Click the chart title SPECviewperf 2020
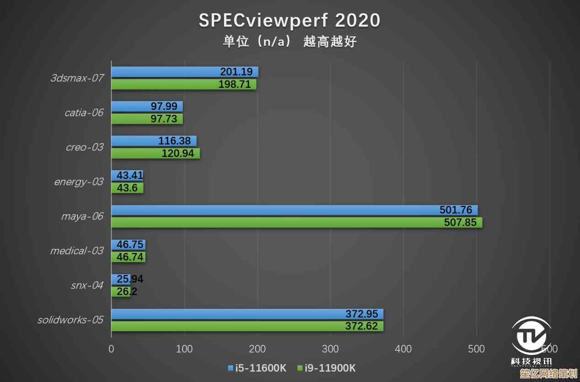click(289, 21)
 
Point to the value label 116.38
click(175, 141)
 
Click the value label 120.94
click(178, 153)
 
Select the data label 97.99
click(164, 106)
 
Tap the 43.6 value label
click(127, 188)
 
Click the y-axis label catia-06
click(84, 113)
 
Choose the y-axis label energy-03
click(79, 182)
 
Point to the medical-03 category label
click(76, 251)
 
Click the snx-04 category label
click(87, 285)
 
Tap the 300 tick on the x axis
click(330, 349)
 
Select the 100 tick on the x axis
click(184, 349)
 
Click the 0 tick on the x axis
click(111, 349)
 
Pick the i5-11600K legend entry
click(257, 368)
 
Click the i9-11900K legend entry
click(326, 368)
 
